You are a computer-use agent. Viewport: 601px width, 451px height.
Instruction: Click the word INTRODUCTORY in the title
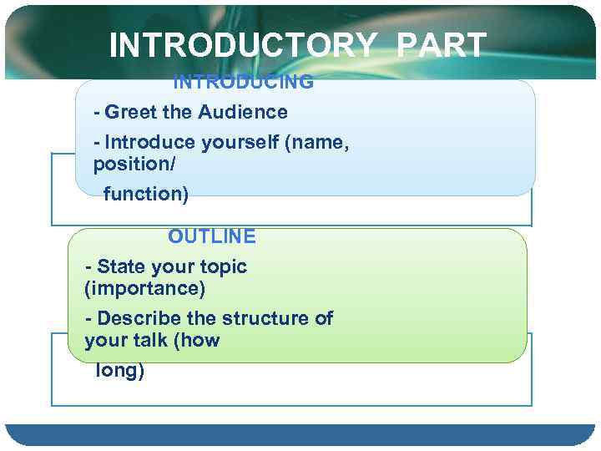click(242, 46)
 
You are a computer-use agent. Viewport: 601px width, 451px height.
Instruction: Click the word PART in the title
click(442, 46)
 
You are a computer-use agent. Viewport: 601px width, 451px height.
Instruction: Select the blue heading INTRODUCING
click(243, 82)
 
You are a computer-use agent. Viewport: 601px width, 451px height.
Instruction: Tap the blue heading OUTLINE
click(212, 236)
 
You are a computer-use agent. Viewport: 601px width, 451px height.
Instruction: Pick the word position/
click(134, 165)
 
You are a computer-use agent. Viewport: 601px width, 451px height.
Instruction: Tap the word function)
click(146, 195)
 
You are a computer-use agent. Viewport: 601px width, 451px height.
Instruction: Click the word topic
click(223, 267)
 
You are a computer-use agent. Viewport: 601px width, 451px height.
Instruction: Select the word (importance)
click(145, 289)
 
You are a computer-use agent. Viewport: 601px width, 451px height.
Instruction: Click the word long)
click(120, 371)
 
